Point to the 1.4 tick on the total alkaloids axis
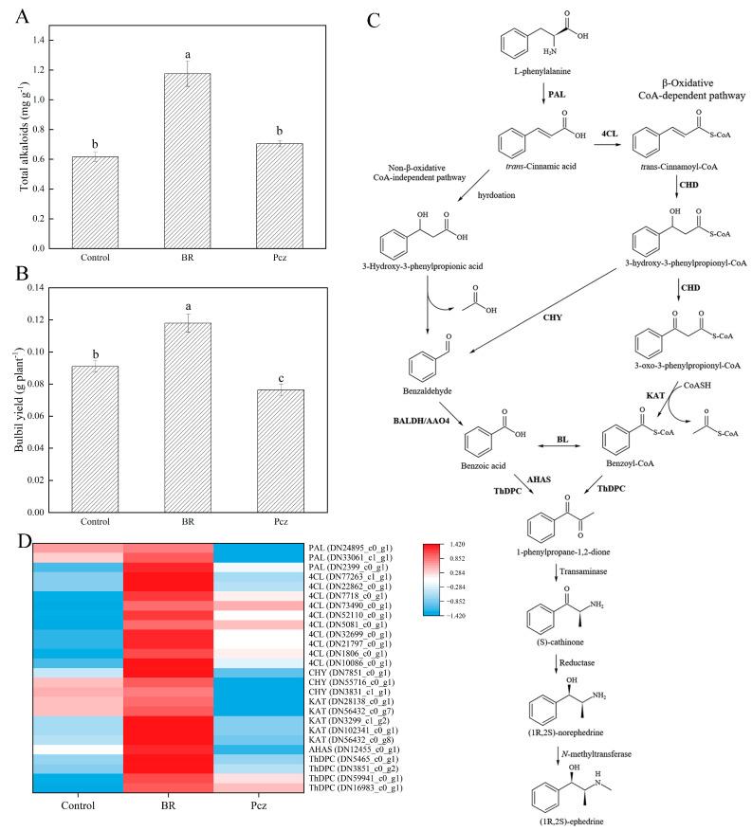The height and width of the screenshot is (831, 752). click(x=45, y=40)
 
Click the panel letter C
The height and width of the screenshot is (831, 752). click(x=376, y=19)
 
